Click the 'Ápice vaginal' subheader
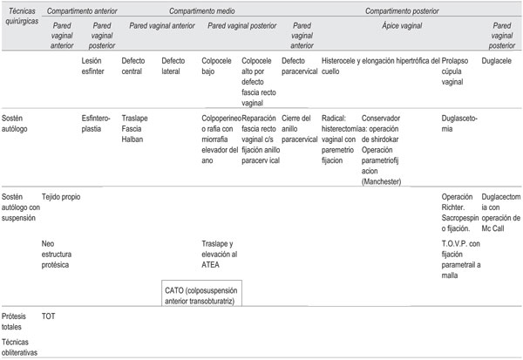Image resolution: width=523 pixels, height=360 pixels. [401, 26]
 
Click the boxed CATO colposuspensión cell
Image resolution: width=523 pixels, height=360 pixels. [201, 294]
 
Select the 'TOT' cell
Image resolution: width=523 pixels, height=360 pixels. [49, 319]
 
